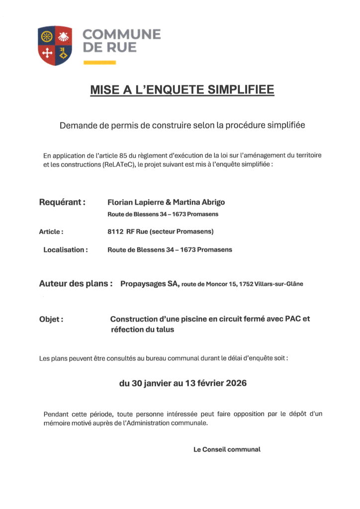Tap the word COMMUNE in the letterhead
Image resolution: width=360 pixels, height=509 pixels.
[x=121, y=35]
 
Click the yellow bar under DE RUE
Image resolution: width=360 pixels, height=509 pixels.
[x=99, y=63]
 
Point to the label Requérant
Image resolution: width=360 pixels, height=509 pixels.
[x=62, y=202]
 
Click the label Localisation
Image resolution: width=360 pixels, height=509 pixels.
[x=65, y=250]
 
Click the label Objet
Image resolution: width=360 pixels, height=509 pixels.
[x=51, y=319]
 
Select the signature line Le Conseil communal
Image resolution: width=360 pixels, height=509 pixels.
[x=227, y=449]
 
